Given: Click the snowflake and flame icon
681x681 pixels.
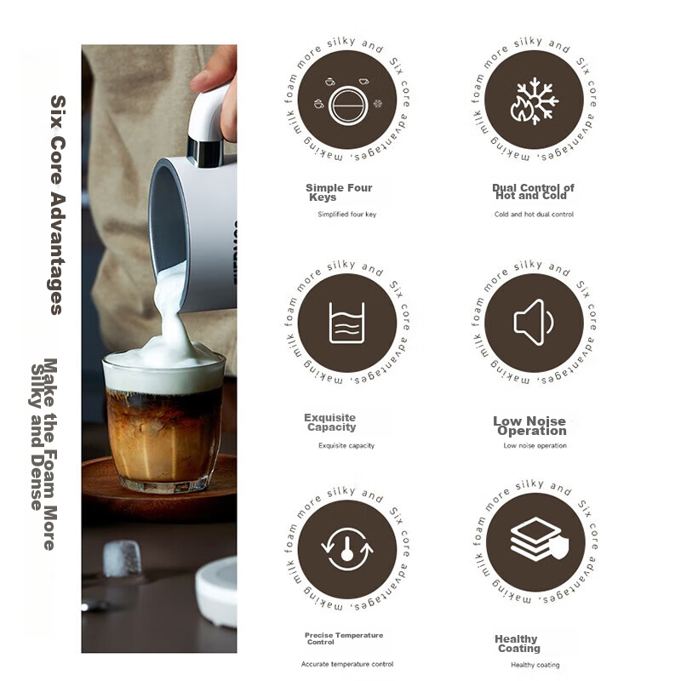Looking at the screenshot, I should [535, 100].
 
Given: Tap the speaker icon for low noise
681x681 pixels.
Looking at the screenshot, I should [535, 323].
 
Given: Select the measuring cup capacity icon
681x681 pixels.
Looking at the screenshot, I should [346, 323].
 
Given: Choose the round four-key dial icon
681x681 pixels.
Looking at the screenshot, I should [346, 100].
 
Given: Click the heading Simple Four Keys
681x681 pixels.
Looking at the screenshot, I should [338, 192].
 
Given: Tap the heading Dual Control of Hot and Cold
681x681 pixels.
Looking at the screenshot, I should [533, 192].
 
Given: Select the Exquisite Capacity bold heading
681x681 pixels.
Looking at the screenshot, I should [330, 422].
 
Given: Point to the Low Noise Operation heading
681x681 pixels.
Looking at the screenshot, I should [529, 426].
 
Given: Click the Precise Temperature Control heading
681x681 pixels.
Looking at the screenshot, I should [344, 638].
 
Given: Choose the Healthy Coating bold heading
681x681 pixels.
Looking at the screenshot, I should [517, 643].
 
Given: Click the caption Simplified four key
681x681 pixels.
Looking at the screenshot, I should [346, 215].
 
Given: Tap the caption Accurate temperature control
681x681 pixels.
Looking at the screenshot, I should [347, 664].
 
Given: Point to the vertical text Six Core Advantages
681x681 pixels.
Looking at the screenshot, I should [57, 204].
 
